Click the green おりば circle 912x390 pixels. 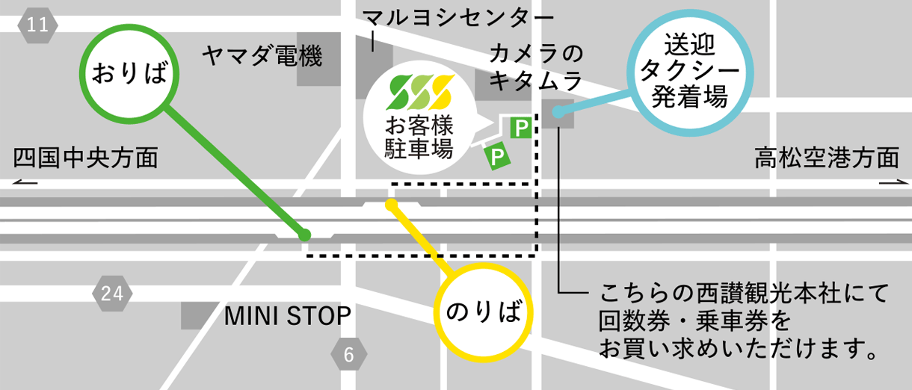click(x=129, y=74)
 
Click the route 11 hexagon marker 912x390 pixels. click(x=37, y=25)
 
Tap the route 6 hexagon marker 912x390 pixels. click(x=349, y=355)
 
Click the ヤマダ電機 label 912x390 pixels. click(x=262, y=56)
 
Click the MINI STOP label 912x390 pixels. click(x=288, y=317)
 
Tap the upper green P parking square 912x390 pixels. click(x=521, y=128)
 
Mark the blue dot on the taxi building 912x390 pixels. click(x=558, y=114)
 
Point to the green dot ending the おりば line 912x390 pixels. click(x=304, y=235)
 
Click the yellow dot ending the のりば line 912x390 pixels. click(x=390, y=204)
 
